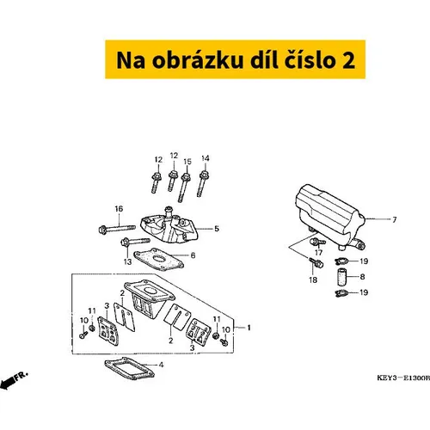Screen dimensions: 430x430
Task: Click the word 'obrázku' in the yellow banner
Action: (x=198, y=60)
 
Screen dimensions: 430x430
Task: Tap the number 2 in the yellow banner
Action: (x=348, y=60)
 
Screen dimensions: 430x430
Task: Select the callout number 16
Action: (x=119, y=209)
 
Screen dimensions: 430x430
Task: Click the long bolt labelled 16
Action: (x=117, y=229)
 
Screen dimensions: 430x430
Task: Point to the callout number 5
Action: (x=217, y=229)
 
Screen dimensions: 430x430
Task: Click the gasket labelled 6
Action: (x=158, y=259)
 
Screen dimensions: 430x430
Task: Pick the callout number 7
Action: (x=395, y=220)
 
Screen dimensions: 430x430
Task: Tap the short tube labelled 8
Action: (x=342, y=277)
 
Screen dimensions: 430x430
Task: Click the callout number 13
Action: (x=127, y=261)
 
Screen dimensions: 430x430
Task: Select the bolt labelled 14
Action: (x=203, y=183)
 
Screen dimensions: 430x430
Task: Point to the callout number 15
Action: (x=187, y=162)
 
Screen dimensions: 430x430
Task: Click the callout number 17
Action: (x=319, y=253)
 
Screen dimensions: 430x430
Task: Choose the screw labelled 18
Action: (x=316, y=262)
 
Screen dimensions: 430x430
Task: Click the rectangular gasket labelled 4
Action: (x=129, y=368)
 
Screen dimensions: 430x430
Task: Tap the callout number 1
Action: (x=249, y=328)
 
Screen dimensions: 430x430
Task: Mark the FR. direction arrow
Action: (x=13, y=380)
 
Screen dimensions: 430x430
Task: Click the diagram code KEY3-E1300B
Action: (x=403, y=378)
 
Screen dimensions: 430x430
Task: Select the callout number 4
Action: (x=161, y=365)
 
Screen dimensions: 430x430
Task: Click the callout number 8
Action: (x=362, y=277)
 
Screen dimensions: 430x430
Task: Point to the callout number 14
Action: (x=206, y=158)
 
